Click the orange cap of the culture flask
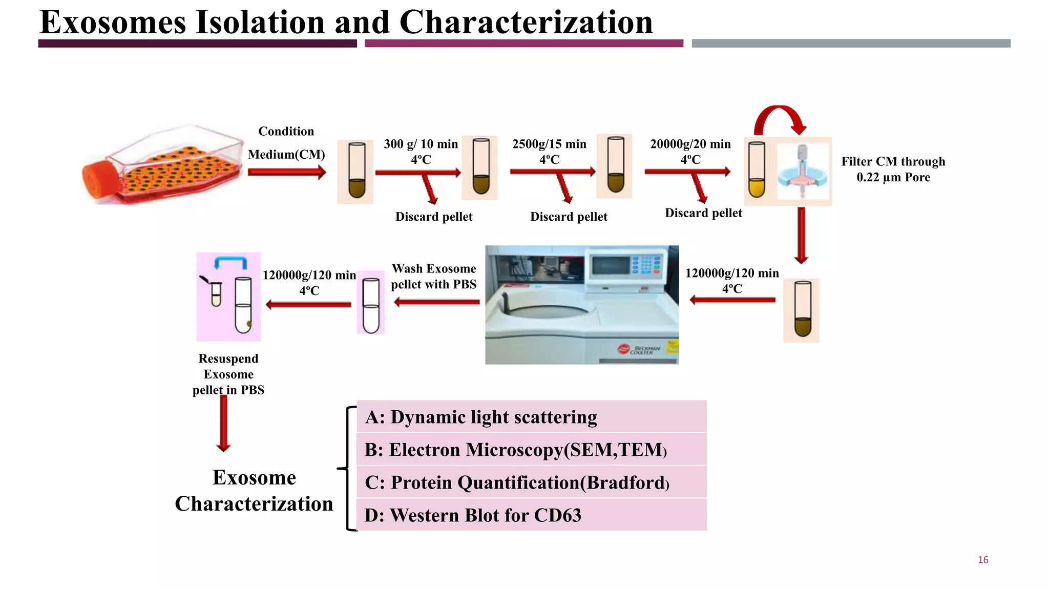100,179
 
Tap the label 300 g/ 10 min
421,144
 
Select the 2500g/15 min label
549,144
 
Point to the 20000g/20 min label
690,144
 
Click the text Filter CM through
893,162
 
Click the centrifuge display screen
611,265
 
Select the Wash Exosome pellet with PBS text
434,277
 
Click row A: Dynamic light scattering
531,417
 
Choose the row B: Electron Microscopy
531,450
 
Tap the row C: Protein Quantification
531,482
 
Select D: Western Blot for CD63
531,515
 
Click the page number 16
983,560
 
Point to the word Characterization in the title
526,23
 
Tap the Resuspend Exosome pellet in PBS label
228,374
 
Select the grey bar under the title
851,44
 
